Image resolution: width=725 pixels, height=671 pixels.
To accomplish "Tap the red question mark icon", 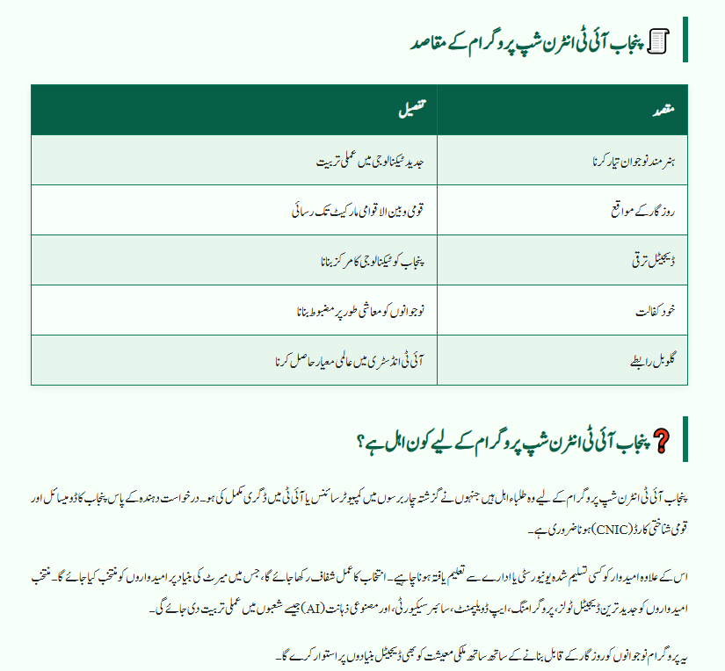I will click(x=661, y=441).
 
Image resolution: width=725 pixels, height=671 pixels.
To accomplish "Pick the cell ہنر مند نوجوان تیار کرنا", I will click(x=635, y=162).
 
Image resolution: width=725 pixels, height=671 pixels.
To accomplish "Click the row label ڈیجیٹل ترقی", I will click(x=654, y=262).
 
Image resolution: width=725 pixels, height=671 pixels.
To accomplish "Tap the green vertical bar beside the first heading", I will click(x=685, y=40).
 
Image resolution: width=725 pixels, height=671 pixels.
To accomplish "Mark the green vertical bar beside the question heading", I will click(x=685, y=439).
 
